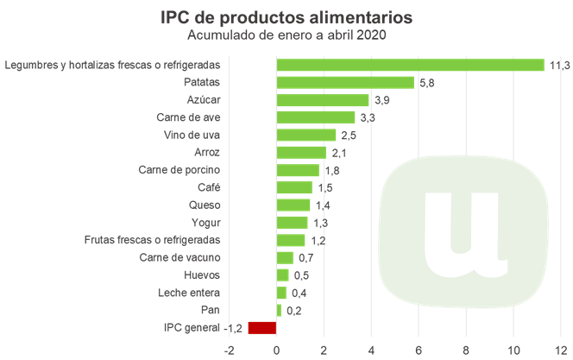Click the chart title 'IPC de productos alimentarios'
[x=286, y=16]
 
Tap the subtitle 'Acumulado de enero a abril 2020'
[x=286, y=35]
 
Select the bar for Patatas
[x=345, y=82]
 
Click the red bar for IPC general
[x=262, y=327]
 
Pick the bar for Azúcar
[x=323, y=99]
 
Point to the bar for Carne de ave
[x=315, y=117]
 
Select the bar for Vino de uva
[x=305, y=135]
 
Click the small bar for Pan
[x=279, y=310]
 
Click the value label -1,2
[x=233, y=328]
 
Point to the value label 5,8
[x=426, y=83]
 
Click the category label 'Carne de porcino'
[x=179, y=169]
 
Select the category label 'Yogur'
[x=204, y=222]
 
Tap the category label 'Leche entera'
[x=189, y=293]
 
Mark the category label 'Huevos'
[x=202, y=275]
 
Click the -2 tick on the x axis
[x=229, y=351]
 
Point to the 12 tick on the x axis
[x=561, y=351]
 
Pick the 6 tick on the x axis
[x=419, y=351]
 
